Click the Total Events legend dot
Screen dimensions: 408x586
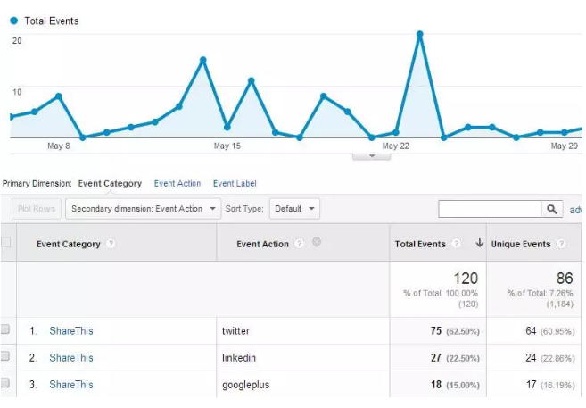tap(13, 21)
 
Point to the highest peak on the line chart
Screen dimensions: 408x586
tap(419, 34)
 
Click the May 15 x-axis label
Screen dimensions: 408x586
tap(227, 146)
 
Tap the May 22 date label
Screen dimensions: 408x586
tap(395, 146)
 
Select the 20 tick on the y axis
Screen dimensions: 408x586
tap(16, 41)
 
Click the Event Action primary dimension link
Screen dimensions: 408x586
tap(177, 184)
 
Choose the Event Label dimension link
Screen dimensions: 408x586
tap(235, 184)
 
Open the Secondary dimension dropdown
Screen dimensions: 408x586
tap(144, 209)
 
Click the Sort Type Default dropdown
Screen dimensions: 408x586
tap(294, 209)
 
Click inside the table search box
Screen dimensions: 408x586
tap(490, 209)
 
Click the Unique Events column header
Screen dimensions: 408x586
tap(522, 244)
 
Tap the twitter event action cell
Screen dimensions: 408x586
tap(236, 331)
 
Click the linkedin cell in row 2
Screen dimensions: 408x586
tap(239, 358)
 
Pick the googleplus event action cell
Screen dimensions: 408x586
tap(246, 385)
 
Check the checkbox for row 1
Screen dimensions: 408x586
tap(5, 330)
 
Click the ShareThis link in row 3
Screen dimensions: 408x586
tap(71, 385)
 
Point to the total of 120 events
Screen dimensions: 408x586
tap(465, 279)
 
